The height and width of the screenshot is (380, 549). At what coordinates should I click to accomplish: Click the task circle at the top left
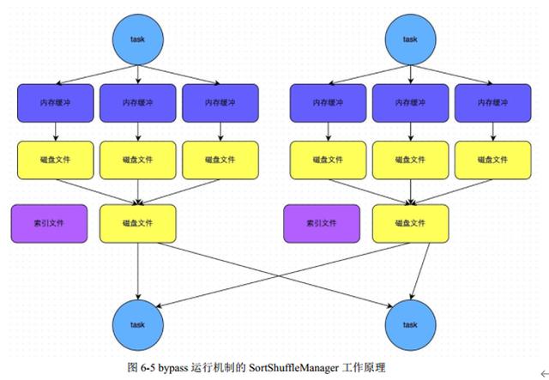(138, 39)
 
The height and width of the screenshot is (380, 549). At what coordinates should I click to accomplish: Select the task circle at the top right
(411, 39)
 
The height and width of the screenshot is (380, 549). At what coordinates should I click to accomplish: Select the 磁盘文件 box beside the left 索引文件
(138, 223)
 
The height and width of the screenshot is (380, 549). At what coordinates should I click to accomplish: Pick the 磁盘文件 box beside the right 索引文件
(411, 223)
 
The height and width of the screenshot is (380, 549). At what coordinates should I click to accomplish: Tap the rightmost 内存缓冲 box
(493, 102)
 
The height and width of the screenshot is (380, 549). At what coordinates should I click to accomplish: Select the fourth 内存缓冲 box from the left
(328, 102)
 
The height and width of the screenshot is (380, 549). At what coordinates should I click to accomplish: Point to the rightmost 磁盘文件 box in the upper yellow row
(493, 160)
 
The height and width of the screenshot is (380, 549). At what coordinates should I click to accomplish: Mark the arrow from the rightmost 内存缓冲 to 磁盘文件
(493, 130)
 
